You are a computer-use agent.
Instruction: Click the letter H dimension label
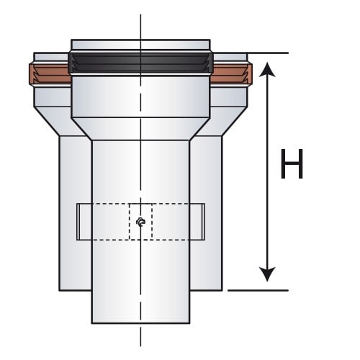click(x=292, y=163)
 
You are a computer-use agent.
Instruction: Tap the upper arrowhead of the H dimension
click(x=267, y=70)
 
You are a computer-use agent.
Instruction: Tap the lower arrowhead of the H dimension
click(x=267, y=274)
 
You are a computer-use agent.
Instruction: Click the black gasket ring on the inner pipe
click(x=140, y=63)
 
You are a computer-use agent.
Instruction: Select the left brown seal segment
click(x=50, y=74)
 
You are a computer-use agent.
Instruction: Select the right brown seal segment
click(x=231, y=74)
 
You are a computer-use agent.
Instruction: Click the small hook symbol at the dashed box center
click(x=140, y=222)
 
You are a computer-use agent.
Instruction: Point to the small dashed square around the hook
click(x=140, y=222)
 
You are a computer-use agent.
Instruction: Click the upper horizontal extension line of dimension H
click(x=268, y=53)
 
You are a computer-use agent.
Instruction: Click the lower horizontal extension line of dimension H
click(x=258, y=290)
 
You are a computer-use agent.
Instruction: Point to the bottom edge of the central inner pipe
click(x=140, y=323)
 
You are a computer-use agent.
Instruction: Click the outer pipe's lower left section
click(x=75, y=214)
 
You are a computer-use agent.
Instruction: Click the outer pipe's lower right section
click(x=206, y=214)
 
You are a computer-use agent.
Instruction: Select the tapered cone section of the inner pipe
click(x=140, y=129)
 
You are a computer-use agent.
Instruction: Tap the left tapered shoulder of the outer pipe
click(x=60, y=121)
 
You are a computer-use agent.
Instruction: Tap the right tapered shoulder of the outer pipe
click(x=222, y=121)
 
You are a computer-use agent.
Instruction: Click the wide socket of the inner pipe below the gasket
click(x=140, y=96)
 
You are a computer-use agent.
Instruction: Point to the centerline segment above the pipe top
click(x=140, y=27)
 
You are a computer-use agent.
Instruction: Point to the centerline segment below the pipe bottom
click(x=140, y=336)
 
